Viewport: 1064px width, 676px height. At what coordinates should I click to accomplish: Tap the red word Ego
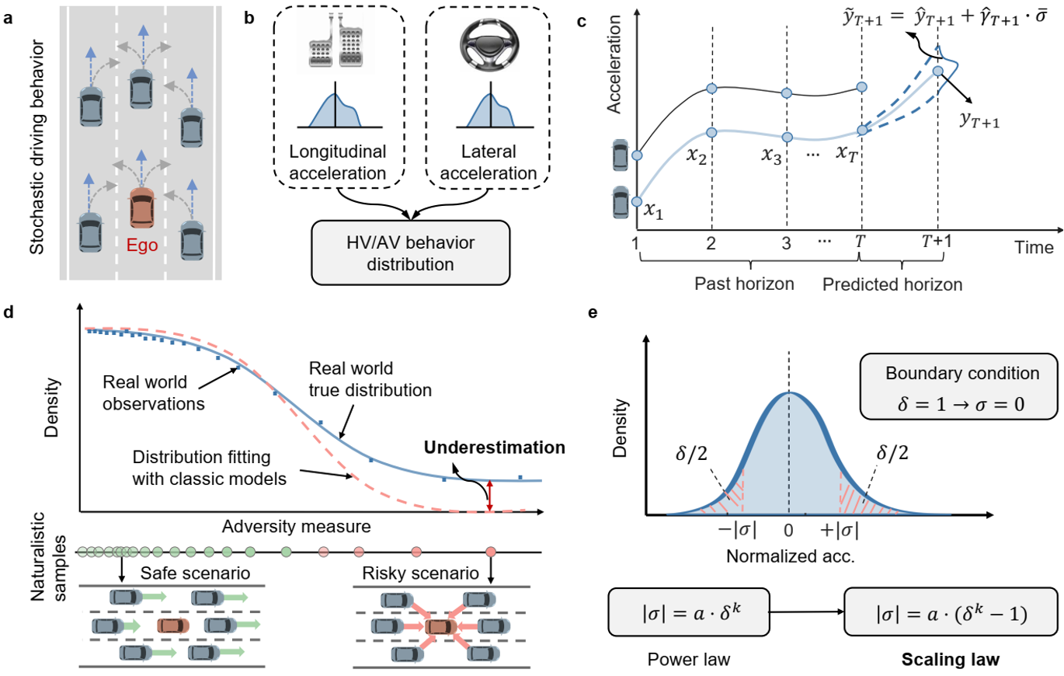click(142, 247)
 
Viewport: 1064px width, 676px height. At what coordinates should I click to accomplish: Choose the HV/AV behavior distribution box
click(410, 252)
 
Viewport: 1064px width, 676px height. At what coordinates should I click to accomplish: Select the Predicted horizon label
click(892, 284)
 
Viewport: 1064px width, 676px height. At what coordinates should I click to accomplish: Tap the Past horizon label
click(742, 284)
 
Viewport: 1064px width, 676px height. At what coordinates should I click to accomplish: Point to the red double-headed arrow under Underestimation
click(489, 496)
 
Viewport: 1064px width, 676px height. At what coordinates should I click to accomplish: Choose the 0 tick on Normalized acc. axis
click(789, 534)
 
